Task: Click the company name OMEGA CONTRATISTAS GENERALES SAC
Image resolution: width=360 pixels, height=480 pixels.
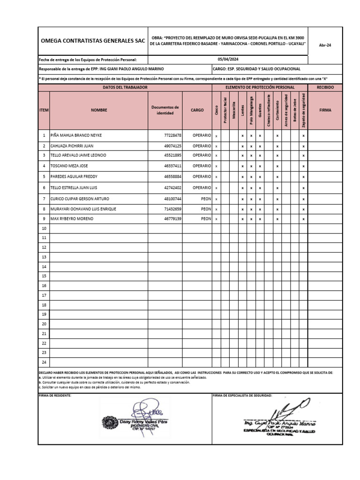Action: [x=92, y=41]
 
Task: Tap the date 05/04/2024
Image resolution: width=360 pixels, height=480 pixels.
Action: [x=228, y=60]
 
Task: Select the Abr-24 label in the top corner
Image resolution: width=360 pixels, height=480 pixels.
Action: [x=325, y=46]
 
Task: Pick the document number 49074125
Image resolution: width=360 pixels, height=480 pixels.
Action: [x=172, y=146]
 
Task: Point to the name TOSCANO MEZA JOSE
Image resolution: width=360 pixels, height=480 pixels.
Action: [x=69, y=166]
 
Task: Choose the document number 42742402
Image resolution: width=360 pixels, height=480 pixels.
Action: [x=172, y=188]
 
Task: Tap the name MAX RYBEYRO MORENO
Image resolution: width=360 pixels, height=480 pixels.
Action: [x=72, y=219]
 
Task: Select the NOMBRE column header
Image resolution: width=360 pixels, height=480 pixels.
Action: [x=99, y=110]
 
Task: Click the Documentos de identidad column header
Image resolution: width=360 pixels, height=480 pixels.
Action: [x=165, y=110]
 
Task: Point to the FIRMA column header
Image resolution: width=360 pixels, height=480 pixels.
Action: [x=325, y=110]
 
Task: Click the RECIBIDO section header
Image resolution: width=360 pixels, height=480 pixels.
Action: [x=325, y=88]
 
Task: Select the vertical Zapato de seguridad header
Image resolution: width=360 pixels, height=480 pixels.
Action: [x=303, y=111]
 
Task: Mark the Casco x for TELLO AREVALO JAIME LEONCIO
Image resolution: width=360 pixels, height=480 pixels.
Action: [x=216, y=156]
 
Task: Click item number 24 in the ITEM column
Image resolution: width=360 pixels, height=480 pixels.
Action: [x=44, y=362]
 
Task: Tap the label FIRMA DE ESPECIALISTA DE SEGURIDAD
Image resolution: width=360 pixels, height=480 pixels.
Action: [x=242, y=396]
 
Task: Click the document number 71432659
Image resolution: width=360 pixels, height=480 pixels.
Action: [x=172, y=209]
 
